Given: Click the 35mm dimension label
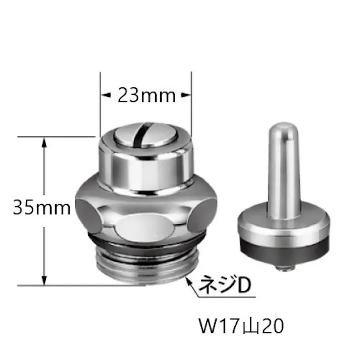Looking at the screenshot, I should (41, 208).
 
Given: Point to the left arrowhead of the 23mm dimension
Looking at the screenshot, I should (104, 94).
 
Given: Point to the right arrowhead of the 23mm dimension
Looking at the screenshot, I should (188, 94).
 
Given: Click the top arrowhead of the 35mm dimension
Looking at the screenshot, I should (44, 142).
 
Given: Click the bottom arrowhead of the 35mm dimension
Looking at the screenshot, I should (44, 281).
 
